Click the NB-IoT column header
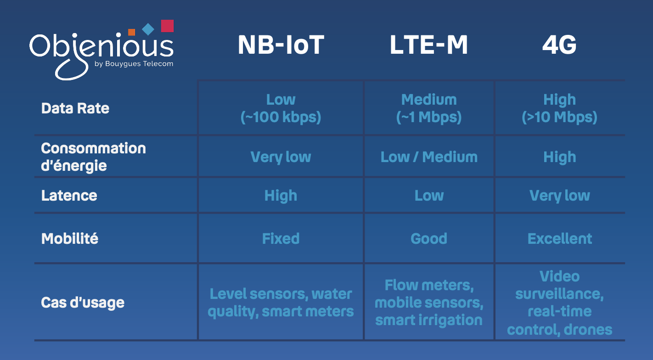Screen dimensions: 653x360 [x=281, y=45]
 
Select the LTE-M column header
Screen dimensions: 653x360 [x=428, y=45]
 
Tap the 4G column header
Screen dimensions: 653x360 [x=559, y=45]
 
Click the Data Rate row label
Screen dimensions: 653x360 [x=75, y=108]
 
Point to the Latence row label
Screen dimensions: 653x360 [x=69, y=196]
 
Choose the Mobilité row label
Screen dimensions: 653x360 [x=70, y=238]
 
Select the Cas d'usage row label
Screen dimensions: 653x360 [x=83, y=303]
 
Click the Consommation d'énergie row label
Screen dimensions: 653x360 [x=93, y=157]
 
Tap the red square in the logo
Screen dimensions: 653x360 [x=167, y=26]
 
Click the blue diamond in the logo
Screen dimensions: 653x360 [x=148, y=29]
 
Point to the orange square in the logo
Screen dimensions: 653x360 [x=132, y=32]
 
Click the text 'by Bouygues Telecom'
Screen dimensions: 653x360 [x=134, y=64]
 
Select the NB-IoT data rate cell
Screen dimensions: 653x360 [x=281, y=108]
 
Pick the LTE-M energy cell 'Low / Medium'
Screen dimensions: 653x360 [x=429, y=157]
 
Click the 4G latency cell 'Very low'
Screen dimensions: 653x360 [x=559, y=196]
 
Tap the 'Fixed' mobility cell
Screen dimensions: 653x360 [x=281, y=238]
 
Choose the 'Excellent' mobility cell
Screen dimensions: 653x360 [x=560, y=238]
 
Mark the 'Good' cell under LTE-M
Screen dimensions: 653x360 [x=429, y=238]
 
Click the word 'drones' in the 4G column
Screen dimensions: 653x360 [x=588, y=330]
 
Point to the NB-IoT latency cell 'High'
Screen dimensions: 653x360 [x=281, y=196]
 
